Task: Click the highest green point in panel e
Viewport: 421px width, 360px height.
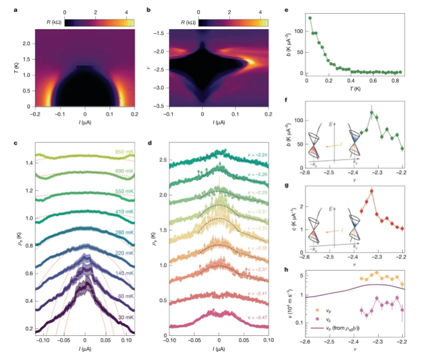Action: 309,18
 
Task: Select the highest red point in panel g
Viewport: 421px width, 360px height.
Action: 371,191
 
